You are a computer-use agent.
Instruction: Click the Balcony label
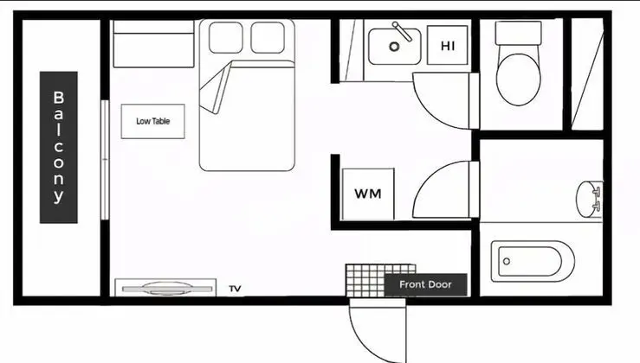coord(58,147)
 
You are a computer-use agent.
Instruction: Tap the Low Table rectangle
coord(152,121)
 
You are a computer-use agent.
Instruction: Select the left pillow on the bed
coord(226,37)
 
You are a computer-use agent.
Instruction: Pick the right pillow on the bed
coord(268,37)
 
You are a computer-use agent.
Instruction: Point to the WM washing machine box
coord(368,194)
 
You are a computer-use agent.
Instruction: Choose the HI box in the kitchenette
coord(448,45)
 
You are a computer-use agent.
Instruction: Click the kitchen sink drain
coord(394,47)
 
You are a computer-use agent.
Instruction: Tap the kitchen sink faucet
coord(402,32)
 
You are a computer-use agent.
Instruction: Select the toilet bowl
coord(519,80)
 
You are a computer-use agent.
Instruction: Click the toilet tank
coord(519,33)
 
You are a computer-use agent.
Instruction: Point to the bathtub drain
coord(507,261)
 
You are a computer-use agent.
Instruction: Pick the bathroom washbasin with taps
coord(590,200)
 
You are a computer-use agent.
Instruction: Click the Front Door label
coord(425,284)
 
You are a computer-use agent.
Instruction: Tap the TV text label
coord(235,289)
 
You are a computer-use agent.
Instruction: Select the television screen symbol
coord(167,289)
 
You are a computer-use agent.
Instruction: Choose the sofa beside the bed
coord(153,43)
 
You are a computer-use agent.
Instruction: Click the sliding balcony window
coord(105,160)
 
